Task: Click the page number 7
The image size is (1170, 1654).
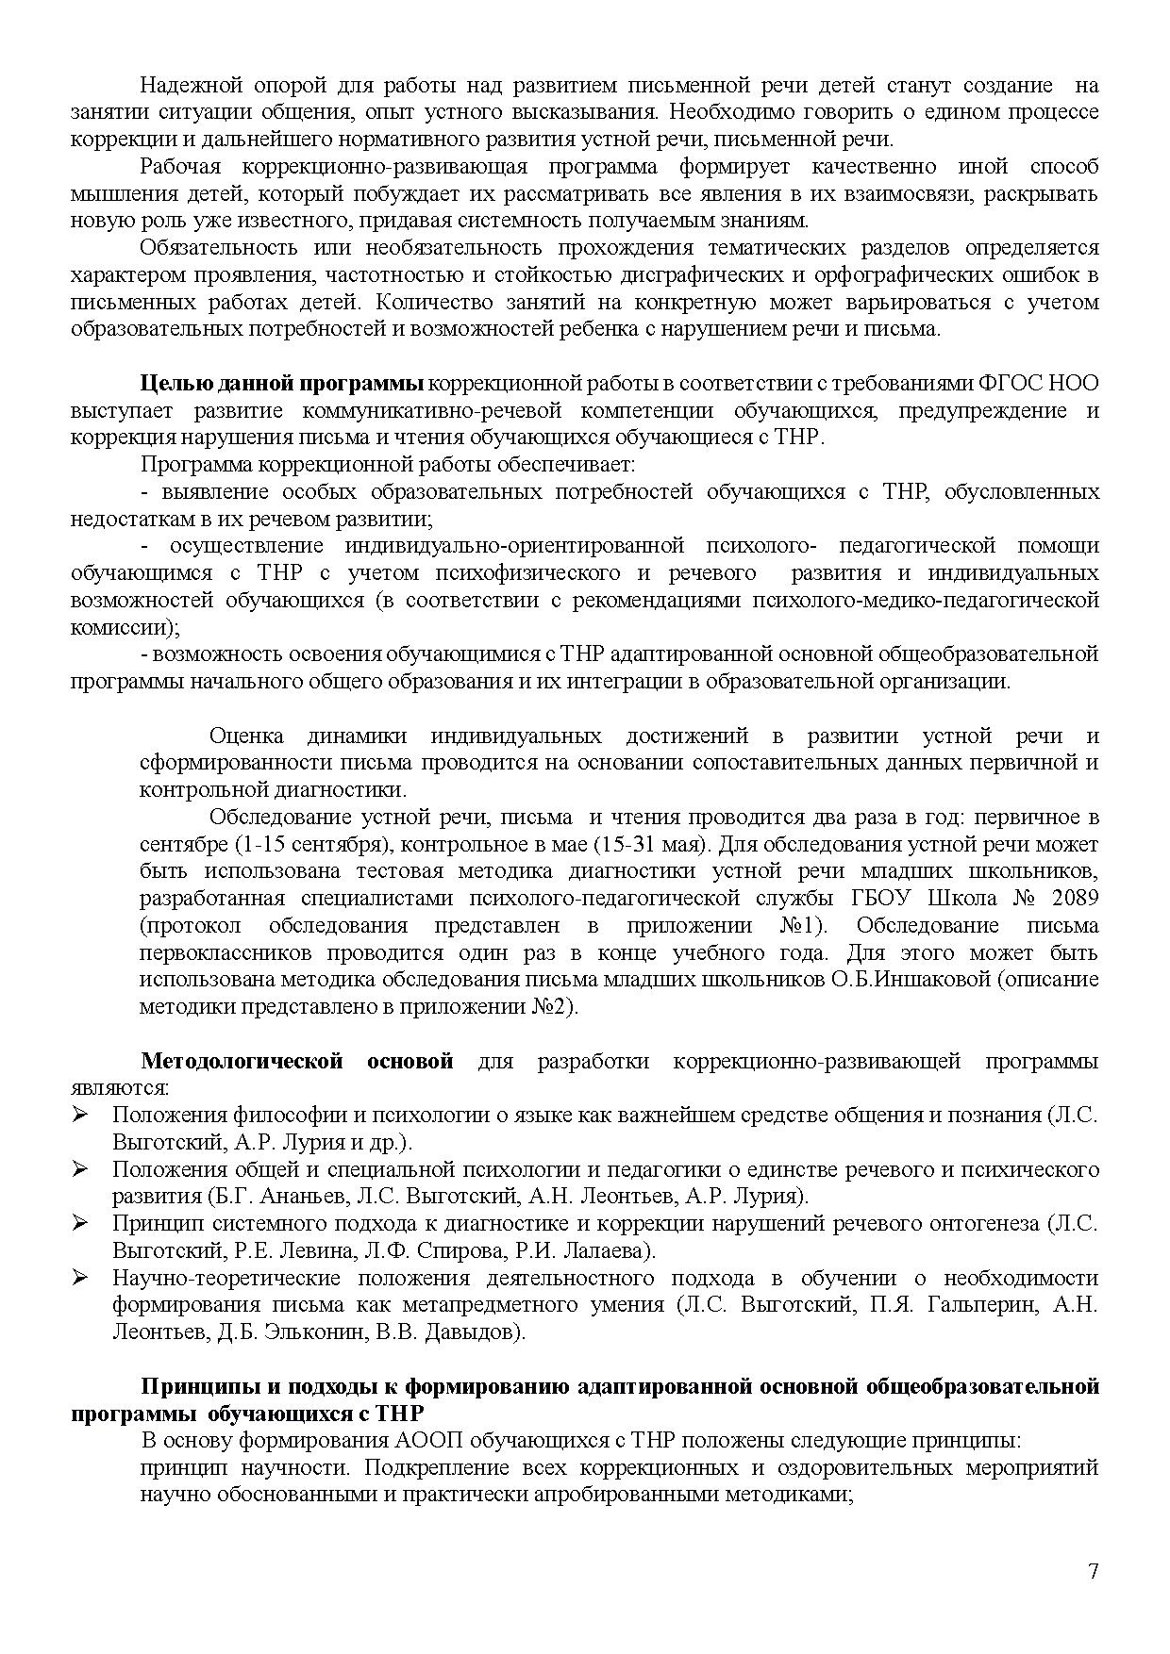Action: [x=1093, y=1571]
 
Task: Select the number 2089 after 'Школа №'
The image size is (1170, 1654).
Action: [x=1072, y=898]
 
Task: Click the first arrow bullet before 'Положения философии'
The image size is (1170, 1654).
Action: [x=80, y=1116]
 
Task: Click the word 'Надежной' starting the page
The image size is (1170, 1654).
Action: [x=183, y=86]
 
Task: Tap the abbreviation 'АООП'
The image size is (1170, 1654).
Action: [x=420, y=1442]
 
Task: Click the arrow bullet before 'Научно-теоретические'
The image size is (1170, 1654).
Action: [x=80, y=1279]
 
